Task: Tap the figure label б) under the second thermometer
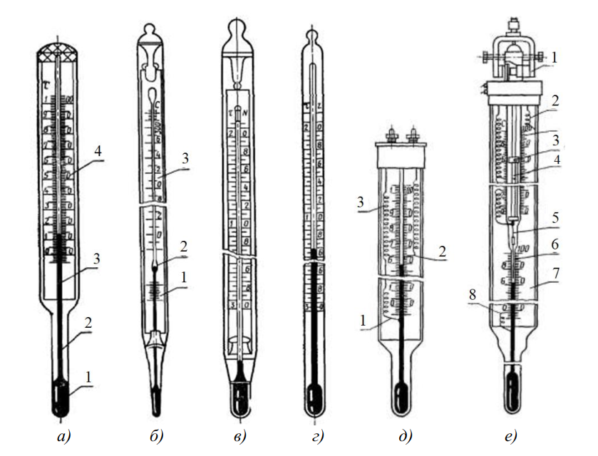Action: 156,434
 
